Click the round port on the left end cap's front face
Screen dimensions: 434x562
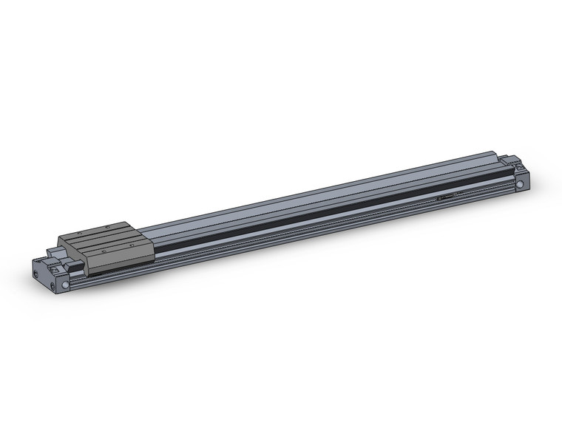tap(65, 283)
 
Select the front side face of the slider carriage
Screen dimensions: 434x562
tap(122, 255)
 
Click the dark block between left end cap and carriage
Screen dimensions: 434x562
tap(75, 262)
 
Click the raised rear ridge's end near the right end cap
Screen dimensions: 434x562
tap(494, 156)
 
